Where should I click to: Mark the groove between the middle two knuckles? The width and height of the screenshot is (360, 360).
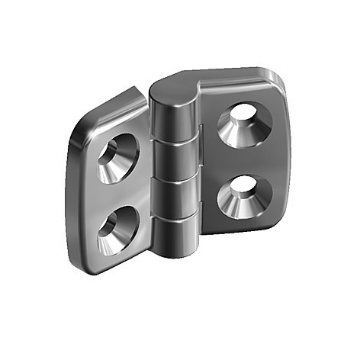[x=175, y=180]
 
